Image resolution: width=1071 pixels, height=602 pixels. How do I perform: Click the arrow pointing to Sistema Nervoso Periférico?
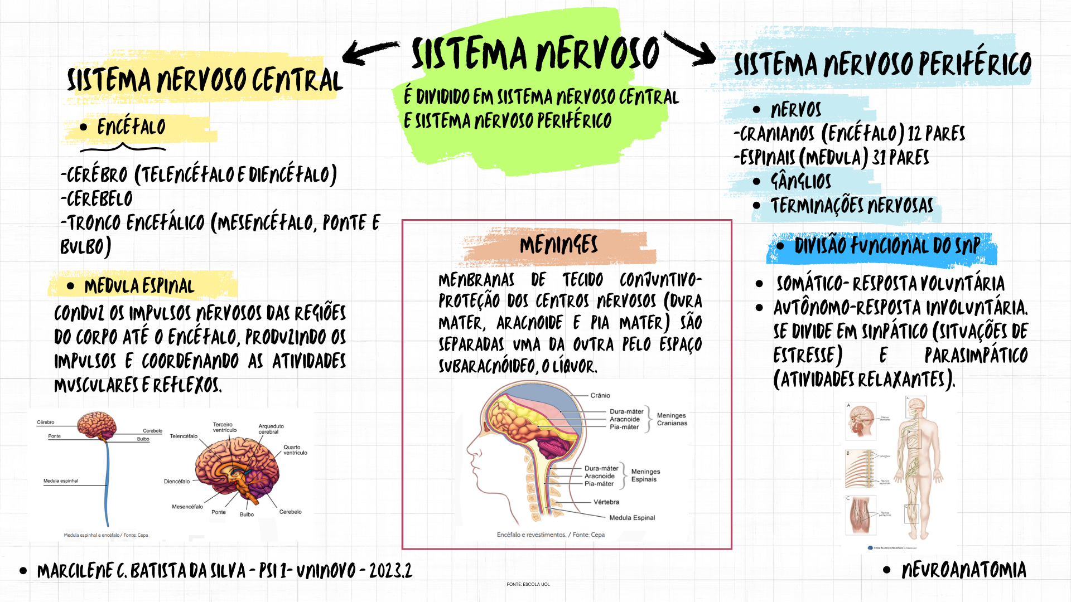[691, 49]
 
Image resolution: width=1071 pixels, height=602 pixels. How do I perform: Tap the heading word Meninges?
[558, 245]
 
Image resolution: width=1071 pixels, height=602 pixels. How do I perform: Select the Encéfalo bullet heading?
[131, 127]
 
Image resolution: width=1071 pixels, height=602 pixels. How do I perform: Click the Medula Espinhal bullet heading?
[139, 287]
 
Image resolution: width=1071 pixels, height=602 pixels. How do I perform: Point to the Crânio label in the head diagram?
[600, 395]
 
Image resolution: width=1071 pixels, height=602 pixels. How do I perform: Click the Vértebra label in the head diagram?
[606, 502]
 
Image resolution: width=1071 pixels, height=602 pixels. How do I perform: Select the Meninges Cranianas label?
[672, 419]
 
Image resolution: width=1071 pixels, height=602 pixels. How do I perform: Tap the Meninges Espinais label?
[645, 475]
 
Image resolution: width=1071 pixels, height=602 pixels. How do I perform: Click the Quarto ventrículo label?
[295, 450]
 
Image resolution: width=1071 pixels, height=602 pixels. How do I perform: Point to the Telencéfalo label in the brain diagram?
[184, 436]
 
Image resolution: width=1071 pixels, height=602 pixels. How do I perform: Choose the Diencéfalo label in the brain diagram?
[177, 482]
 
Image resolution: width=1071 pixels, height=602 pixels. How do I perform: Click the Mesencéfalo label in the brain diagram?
[187, 507]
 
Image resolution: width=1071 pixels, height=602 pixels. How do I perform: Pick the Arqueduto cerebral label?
[271, 429]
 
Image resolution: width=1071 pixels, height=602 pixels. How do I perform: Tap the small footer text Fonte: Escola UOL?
[528, 584]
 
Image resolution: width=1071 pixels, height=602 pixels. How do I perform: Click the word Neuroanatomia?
[963, 570]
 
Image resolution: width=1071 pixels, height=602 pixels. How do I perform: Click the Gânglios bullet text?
[800, 181]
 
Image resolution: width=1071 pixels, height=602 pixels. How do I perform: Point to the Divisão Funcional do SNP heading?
[887, 246]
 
